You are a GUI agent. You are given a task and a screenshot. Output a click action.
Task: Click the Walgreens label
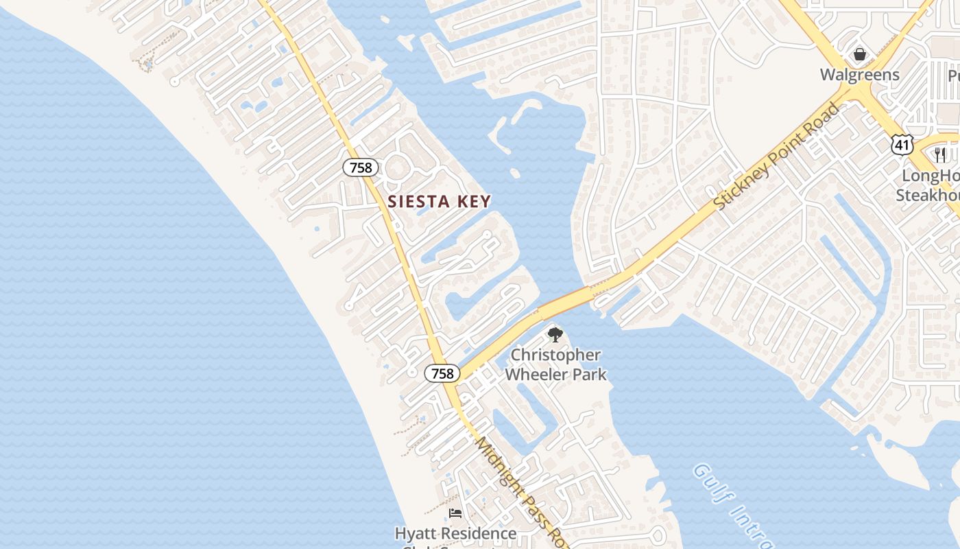[859, 74]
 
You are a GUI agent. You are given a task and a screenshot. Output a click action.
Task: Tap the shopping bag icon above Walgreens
[859, 54]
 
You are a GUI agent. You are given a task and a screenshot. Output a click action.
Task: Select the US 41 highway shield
[902, 144]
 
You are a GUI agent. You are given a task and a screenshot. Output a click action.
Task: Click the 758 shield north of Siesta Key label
[360, 167]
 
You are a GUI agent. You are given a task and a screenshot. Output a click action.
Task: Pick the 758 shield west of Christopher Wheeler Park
[442, 373]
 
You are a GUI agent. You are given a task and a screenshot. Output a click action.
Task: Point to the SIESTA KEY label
[440, 202]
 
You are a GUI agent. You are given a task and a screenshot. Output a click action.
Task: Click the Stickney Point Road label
[776, 156]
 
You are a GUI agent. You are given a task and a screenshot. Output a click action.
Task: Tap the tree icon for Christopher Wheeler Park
[555, 335]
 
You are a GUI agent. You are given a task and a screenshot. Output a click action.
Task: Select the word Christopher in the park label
[556, 355]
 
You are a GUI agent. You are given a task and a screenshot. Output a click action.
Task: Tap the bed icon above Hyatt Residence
[455, 513]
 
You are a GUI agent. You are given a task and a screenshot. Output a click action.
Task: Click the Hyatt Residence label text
[455, 533]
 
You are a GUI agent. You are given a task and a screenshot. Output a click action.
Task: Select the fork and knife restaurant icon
[939, 155]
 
